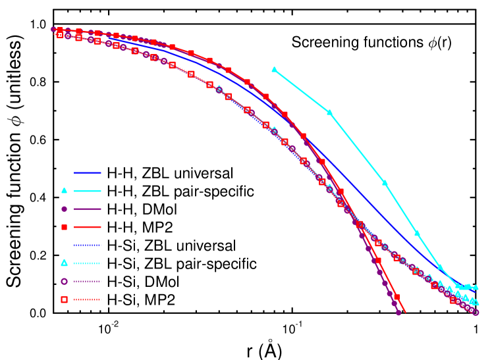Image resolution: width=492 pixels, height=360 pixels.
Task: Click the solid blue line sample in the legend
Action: tap(88, 172)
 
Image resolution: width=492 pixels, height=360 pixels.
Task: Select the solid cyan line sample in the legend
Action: tap(88, 191)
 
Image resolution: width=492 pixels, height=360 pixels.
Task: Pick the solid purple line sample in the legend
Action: tap(88, 209)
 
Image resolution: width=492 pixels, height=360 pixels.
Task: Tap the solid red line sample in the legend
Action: tap(88, 227)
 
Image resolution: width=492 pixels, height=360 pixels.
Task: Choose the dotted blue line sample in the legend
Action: tap(88, 245)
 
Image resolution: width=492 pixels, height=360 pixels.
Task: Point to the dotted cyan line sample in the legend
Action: tap(88, 263)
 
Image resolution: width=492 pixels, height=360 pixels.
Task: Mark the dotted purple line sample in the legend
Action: tap(88, 281)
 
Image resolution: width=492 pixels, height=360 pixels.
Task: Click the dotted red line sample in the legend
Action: tap(88, 299)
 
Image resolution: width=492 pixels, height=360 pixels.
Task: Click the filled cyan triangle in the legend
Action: tap(64, 191)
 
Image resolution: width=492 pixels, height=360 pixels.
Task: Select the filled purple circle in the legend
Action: tap(64, 209)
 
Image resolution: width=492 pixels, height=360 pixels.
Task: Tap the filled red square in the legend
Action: tap(64, 227)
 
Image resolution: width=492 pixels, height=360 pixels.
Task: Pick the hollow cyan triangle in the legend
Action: tap(64, 263)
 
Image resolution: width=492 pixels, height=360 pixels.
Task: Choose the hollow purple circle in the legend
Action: tap(64, 281)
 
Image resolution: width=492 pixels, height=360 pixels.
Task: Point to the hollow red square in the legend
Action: tap(64, 299)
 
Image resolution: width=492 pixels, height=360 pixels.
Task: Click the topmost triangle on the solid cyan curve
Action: tap(274, 69)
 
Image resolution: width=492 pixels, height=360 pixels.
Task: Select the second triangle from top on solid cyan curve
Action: tap(329, 112)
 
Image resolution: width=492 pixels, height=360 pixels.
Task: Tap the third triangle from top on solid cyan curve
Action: tap(385, 182)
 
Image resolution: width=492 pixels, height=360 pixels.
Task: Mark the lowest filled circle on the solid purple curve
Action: tap(398, 313)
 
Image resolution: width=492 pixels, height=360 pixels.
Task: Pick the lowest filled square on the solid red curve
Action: tap(396, 297)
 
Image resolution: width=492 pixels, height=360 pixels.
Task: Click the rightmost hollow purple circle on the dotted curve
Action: tap(476, 312)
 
